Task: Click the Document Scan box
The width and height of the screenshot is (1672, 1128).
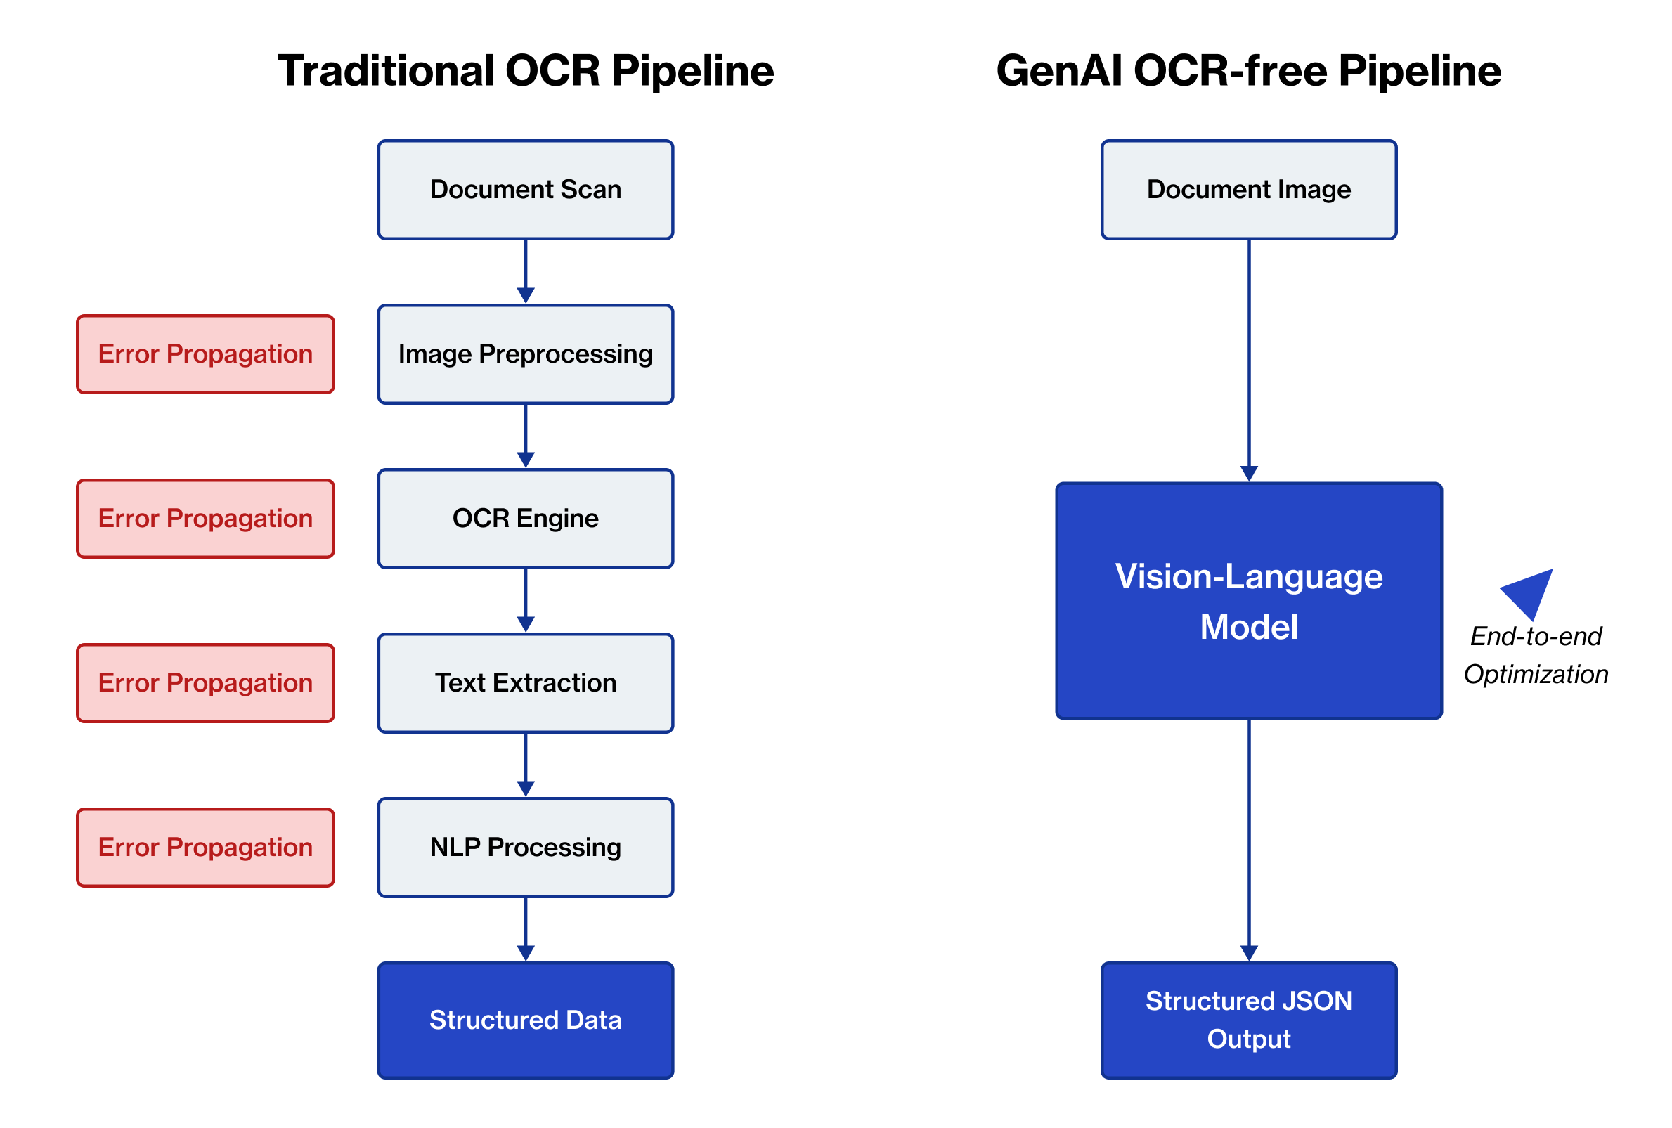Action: (525, 190)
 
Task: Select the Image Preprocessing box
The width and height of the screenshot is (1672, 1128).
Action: (525, 354)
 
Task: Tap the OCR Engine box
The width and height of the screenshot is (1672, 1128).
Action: (525, 519)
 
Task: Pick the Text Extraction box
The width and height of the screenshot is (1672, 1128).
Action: (525, 682)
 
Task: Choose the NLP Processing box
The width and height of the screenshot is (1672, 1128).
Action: (525, 848)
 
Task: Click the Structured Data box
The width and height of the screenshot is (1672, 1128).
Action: (525, 1020)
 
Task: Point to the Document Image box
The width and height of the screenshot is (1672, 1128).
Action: (1248, 190)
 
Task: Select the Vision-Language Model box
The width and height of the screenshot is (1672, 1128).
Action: (1248, 601)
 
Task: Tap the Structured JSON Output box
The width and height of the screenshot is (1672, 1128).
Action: (1248, 1020)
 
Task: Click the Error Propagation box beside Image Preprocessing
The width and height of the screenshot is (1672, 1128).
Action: (205, 354)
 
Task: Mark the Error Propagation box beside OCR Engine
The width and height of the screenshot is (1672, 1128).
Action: (205, 519)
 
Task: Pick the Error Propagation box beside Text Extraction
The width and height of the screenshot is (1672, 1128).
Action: (205, 682)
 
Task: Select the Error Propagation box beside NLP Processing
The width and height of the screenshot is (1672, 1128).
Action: (205, 848)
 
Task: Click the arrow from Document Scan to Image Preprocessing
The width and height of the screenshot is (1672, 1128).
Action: (525, 271)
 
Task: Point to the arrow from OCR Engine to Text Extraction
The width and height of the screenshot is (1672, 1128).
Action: (525, 600)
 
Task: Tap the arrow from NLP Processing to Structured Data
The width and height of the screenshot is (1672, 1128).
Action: (525, 928)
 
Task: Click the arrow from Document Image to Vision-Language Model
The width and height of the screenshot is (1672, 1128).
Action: (1248, 360)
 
